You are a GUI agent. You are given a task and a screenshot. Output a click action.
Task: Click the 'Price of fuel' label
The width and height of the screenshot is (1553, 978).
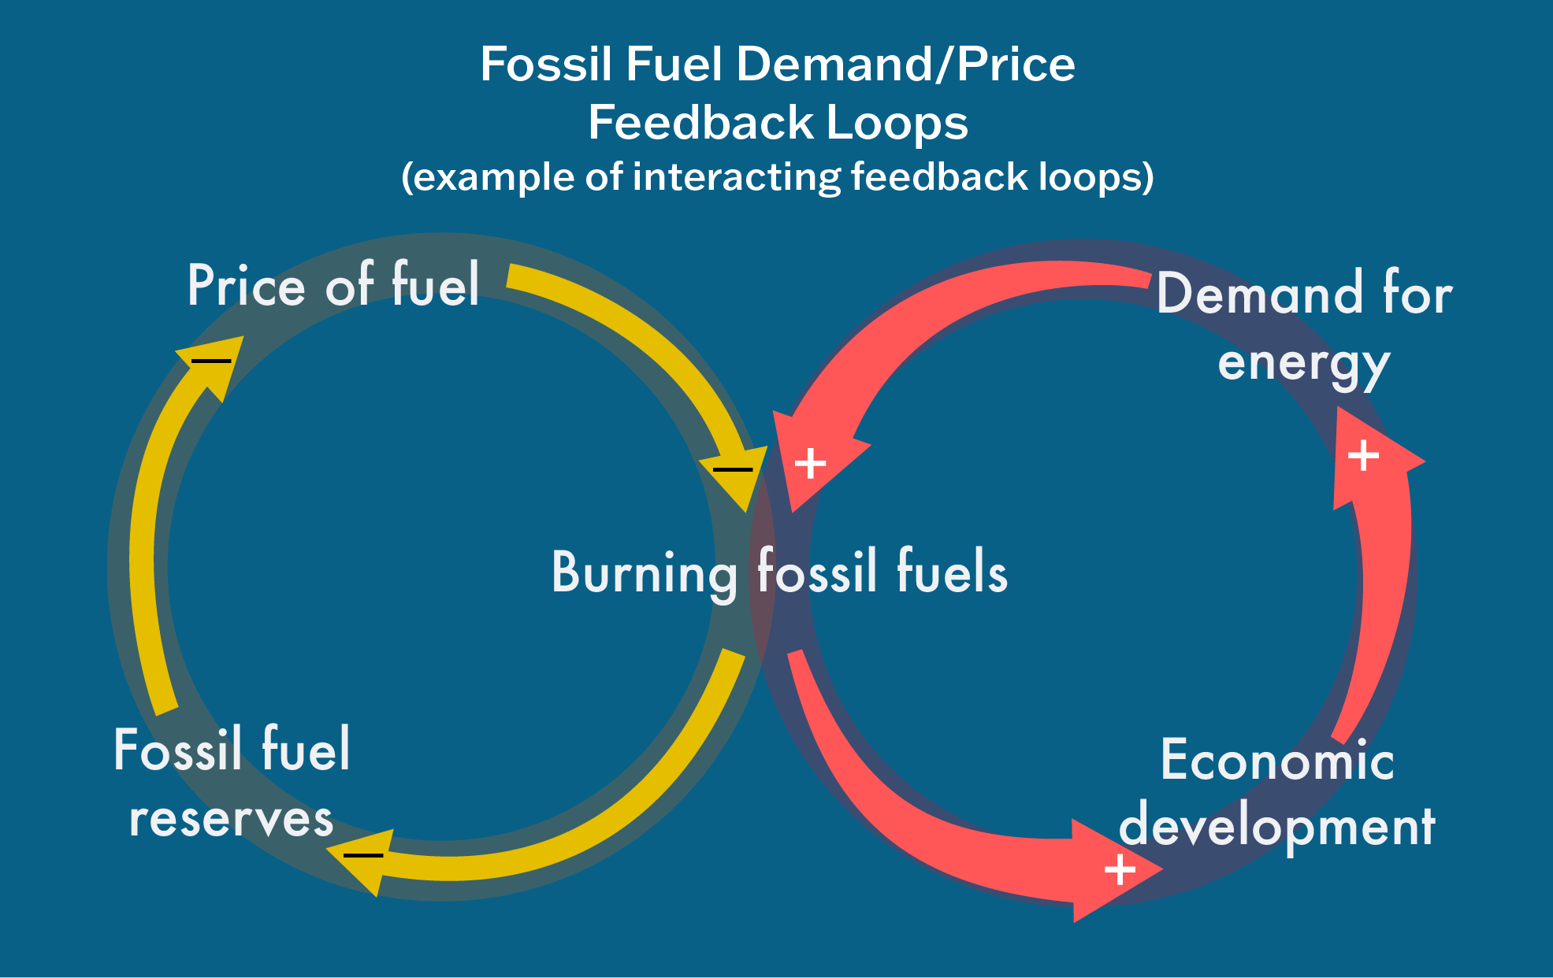pos(333,285)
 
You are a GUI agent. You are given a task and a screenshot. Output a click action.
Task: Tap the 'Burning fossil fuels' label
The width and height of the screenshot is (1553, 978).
pos(779,572)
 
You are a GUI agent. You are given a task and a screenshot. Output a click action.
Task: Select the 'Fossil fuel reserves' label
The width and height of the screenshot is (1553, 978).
pos(232,784)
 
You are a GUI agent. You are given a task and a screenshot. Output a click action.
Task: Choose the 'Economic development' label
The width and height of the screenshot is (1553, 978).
pos(1277,793)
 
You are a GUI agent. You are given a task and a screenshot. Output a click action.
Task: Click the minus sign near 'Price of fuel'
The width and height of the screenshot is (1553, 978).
pos(211,361)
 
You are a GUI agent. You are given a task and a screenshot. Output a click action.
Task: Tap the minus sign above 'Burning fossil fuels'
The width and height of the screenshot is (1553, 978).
pos(733,470)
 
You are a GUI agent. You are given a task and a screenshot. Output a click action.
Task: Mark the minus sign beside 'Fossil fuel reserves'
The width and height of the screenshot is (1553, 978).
pos(363,855)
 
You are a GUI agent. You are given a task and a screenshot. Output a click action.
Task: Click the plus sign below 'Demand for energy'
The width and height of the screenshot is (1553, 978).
pos(1363,456)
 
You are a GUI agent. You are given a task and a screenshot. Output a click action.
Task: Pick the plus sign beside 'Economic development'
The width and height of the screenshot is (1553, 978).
pos(1120,870)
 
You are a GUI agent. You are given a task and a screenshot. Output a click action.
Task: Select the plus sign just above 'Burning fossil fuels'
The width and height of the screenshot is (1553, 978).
pos(810,464)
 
